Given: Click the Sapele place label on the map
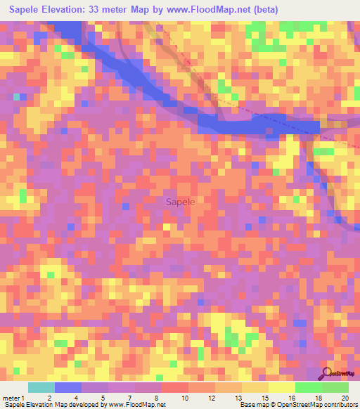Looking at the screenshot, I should click(181, 202).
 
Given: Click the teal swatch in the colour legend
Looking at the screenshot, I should click(41, 387).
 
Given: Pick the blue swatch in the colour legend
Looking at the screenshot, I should click(68, 387).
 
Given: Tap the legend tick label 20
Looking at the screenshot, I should click(345, 398).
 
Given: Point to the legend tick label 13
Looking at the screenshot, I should click(240, 398).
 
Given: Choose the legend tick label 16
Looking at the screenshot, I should click(292, 398).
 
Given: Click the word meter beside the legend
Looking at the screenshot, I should click(11, 398).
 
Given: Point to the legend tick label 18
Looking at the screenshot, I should click(319, 398).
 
